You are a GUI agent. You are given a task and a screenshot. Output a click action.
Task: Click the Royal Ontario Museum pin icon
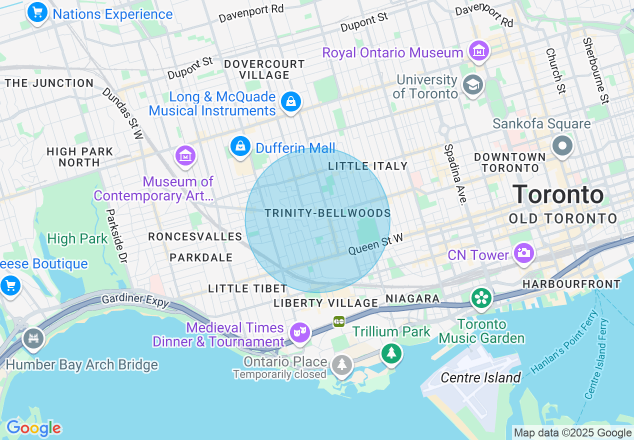click(x=479, y=50)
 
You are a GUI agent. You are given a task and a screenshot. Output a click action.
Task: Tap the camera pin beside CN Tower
click(x=523, y=252)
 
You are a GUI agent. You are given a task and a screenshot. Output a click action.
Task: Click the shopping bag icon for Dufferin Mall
click(x=240, y=146)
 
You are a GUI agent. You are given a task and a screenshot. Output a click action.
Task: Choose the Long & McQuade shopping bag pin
click(x=290, y=101)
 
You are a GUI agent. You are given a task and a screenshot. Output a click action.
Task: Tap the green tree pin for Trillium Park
click(x=391, y=353)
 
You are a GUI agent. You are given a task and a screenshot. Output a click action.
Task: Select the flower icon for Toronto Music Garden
click(x=481, y=298)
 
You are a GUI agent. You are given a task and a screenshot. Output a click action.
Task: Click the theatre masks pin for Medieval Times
click(x=300, y=331)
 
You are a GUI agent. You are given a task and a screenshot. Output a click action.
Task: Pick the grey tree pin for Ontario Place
click(x=341, y=364)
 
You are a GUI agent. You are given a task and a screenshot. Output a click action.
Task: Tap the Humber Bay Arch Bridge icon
click(x=33, y=338)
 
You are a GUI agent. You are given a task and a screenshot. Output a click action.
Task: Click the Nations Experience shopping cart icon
click(x=37, y=12)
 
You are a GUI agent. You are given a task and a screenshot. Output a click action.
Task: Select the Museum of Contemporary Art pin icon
click(x=185, y=155)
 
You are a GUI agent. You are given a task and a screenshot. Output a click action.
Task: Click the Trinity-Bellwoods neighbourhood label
click(x=327, y=213)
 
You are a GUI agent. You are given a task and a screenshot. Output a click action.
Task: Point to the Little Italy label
click(x=367, y=166)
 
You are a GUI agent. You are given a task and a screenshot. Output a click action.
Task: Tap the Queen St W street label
click(x=375, y=244)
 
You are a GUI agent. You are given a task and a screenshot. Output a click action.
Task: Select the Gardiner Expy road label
click(x=135, y=300)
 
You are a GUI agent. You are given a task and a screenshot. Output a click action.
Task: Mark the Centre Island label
click(x=480, y=377)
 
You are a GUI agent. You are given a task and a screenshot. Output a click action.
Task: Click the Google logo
click(x=33, y=428)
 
